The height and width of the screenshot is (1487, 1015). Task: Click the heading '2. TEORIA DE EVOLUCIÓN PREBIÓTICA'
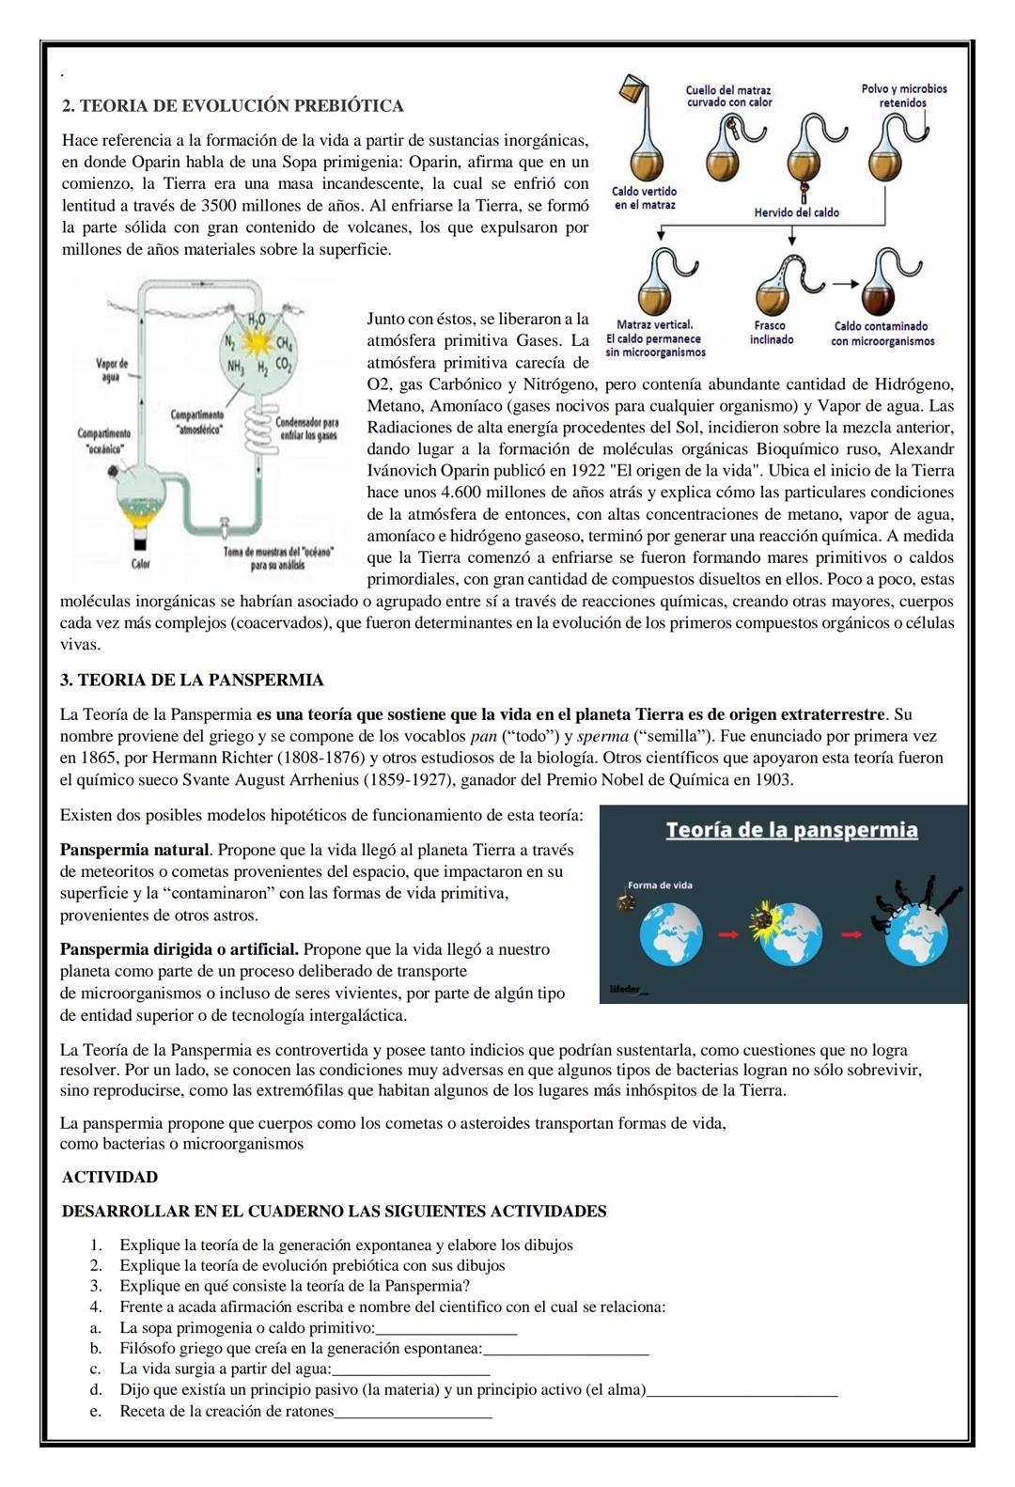232,105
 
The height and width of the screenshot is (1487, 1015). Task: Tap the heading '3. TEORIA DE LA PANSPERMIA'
192,680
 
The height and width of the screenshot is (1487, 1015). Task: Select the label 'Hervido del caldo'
796,212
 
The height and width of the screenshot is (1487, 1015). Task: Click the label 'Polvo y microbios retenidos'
903,96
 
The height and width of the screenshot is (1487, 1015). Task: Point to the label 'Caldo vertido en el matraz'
644,197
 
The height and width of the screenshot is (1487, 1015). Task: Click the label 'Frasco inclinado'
771,333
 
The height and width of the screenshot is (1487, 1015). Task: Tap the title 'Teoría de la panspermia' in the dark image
791,830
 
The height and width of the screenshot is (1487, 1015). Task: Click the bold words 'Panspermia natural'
133,850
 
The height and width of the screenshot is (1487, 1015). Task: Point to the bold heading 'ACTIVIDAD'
110,1177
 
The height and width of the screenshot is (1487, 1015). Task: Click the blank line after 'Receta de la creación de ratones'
413,1413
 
